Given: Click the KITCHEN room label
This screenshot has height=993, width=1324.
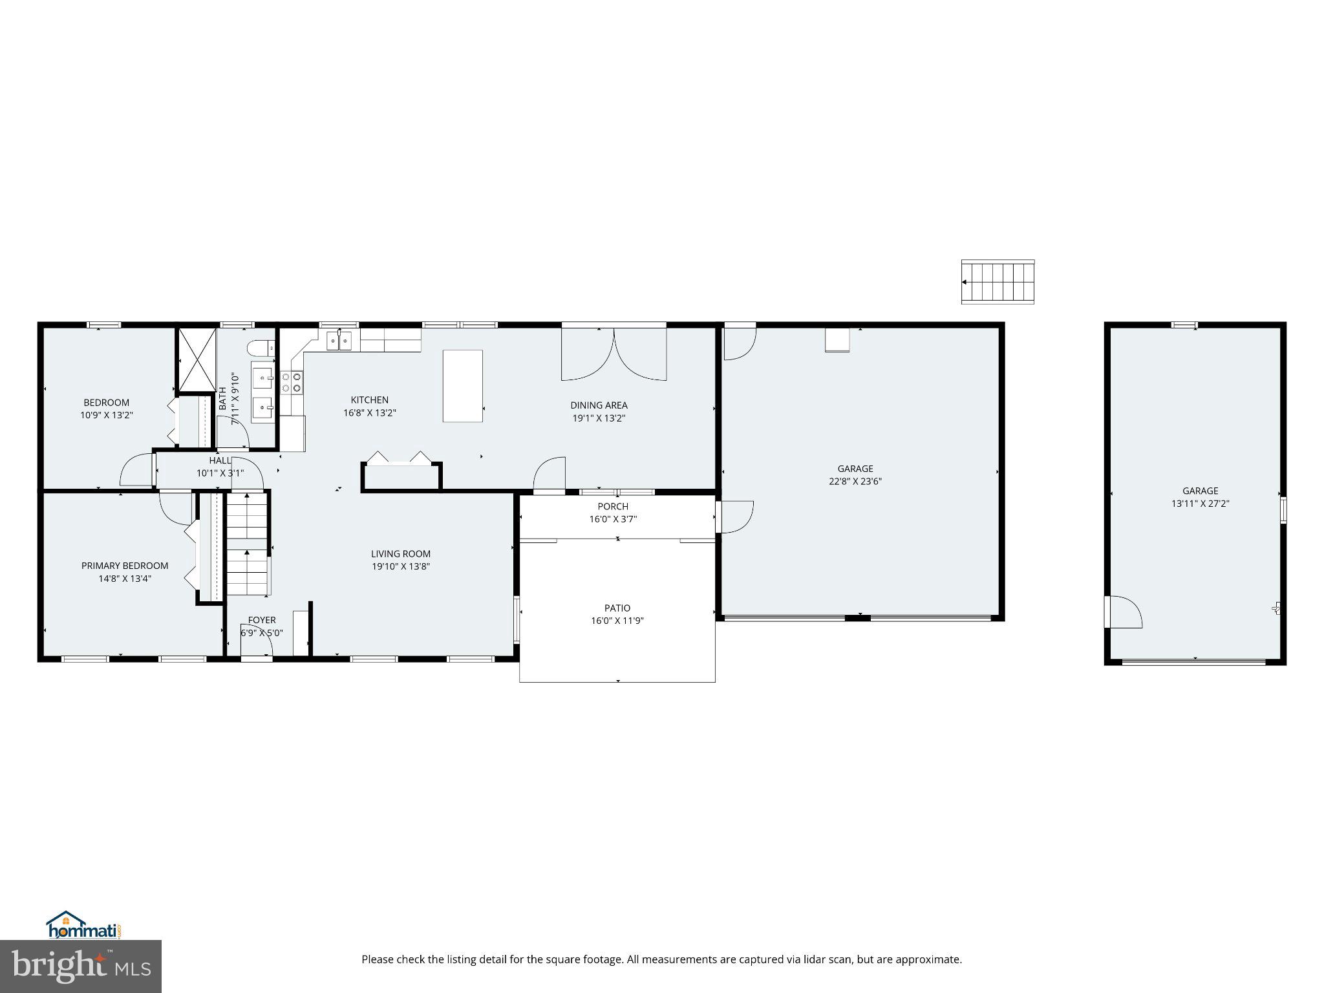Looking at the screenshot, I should (369, 400).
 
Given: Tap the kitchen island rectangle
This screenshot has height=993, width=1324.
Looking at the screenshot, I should (462, 386).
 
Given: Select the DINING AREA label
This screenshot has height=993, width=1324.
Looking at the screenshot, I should (599, 405).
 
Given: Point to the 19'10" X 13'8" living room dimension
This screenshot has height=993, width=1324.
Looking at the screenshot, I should (401, 566).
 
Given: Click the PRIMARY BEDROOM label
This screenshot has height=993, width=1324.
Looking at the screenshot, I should (125, 566).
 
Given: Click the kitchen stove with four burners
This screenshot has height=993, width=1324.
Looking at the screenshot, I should (292, 382).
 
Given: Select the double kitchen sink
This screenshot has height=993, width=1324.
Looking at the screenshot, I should (339, 340).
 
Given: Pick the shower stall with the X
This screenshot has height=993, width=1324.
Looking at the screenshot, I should (197, 359).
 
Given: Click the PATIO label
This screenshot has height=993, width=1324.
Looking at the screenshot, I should (617, 608).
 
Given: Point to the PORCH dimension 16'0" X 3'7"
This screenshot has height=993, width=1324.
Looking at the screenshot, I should (613, 518).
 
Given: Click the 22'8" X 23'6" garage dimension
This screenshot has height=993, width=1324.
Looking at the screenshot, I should (855, 481).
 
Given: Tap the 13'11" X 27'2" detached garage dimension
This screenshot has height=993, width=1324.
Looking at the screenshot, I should (1200, 503).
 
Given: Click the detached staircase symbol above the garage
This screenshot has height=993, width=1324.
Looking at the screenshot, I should (998, 282).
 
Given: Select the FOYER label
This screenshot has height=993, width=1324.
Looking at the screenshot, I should (262, 620).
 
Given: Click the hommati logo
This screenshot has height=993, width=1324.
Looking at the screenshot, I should (83, 926).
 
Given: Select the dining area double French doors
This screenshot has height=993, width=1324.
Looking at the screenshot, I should (614, 354).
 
